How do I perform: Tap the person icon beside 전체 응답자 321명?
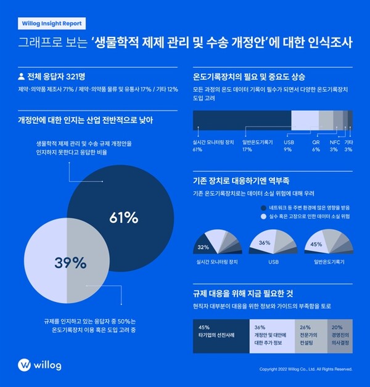(x=21, y=79)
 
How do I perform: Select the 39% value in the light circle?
(x=69, y=263)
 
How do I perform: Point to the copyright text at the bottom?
(x=306, y=369)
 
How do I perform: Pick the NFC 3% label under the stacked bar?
(x=334, y=145)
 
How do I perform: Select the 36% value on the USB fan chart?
(x=265, y=243)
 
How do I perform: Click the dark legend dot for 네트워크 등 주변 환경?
(x=255, y=208)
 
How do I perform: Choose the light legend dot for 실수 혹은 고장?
(x=255, y=218)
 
